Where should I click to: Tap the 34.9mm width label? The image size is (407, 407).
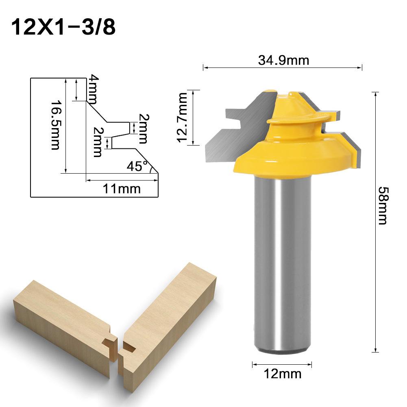tap(283, 60)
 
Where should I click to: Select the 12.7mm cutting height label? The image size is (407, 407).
tap(183, 118)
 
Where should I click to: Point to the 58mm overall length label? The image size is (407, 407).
tap(383, 206)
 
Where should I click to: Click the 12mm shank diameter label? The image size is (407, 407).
tap(283, 374)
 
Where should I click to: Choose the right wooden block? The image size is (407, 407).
tap(171, 321)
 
